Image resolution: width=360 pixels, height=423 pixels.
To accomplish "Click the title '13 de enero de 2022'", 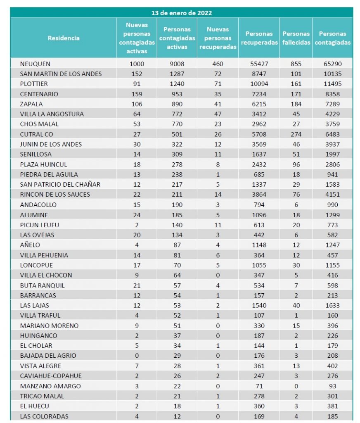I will pos(182,13).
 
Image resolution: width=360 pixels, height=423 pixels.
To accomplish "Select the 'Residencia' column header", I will pos(64,38).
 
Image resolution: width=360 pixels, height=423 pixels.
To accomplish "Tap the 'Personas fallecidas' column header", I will pos(296,38).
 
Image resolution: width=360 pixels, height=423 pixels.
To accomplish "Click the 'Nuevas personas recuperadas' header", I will pos(218,38).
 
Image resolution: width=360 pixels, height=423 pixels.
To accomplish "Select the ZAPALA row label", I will pos(31,104).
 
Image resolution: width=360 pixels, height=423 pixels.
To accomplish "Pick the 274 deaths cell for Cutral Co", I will pos(296,134).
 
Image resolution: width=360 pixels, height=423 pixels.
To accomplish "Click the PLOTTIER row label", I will pos(34,84).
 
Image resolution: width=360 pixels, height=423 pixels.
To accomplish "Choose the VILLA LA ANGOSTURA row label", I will pos(52,114).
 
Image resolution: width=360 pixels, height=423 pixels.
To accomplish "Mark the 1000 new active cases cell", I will pos(137,64).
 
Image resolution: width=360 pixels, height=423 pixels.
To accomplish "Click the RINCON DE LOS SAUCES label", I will pos(55,194).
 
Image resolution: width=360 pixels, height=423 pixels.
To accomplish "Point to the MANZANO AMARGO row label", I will pos(50,386).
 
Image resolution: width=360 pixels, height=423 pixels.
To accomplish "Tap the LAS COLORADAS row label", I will pos(44,416).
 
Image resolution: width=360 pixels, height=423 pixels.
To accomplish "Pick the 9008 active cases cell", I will pos(177,64).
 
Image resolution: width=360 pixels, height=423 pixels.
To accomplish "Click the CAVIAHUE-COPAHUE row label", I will pos(51,376).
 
